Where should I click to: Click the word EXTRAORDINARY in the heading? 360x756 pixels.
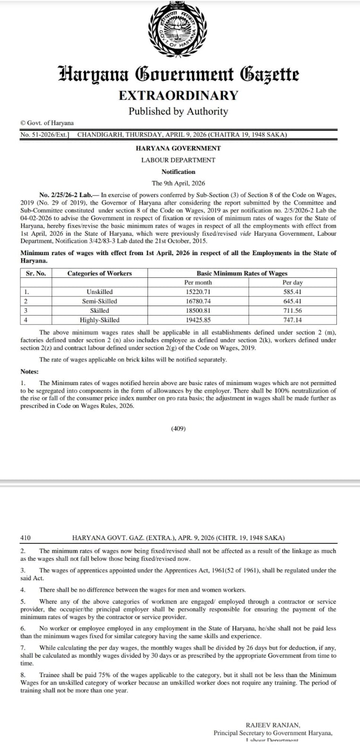[178, 95]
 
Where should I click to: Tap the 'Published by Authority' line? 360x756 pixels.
[178, 112]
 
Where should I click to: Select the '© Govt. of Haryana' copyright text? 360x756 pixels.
[47, 123]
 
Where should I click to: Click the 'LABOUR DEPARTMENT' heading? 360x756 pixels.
[178, 160]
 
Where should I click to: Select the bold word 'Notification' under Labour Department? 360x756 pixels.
[178, 172]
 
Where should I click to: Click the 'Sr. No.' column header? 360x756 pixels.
[36, 273]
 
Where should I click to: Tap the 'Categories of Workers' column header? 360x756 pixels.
[99, 273]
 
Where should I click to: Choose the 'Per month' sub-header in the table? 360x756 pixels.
[198, 283]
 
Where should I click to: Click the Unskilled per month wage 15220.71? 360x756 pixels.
[198, 292]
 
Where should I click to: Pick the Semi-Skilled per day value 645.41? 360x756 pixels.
[292, 301]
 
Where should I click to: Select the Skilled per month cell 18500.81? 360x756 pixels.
[198, 311]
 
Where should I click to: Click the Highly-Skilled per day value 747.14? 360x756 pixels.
[292, 320]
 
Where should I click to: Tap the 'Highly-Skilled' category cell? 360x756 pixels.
[99, 320]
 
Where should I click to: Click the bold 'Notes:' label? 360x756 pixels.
[29, 372]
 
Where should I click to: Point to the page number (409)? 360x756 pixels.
[178, 429]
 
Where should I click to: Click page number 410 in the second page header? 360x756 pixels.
[26, 538]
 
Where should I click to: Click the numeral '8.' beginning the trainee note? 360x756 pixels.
[23, 675]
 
